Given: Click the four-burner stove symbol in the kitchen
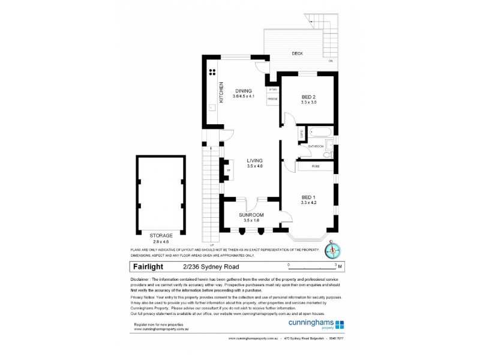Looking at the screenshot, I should point(212,72).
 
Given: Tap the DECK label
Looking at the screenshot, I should point(298,53).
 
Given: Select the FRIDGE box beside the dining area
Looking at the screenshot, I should point(272,98).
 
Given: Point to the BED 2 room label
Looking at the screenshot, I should point(308,97).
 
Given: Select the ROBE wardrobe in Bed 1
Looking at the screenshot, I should point(316,166).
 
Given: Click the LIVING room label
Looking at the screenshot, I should point(254,160).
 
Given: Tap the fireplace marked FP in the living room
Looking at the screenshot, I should point(228,170).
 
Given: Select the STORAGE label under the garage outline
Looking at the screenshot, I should point(161,235).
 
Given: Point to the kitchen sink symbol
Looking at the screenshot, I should point(212,108).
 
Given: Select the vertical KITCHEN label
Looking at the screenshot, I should point(221,92).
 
